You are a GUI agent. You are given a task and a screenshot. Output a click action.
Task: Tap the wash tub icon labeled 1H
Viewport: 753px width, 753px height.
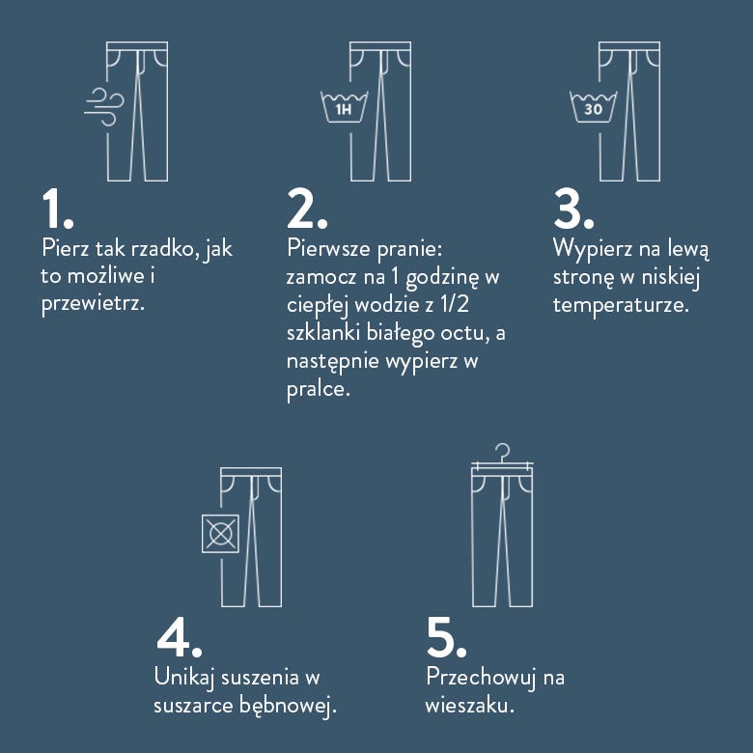pyautogui.click(x=344, y=106)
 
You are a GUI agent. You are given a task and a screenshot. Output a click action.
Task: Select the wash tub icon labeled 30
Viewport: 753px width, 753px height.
pyautogui.click(x=593, y=106)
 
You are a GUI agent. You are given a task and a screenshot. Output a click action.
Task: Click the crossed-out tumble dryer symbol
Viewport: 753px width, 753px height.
pyautogui.click(x=220, y=534)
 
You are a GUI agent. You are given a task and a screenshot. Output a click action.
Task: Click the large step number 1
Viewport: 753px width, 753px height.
pyautogui.click(x=58, y=209)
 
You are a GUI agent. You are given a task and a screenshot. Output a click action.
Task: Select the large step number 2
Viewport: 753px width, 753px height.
pyautogui.click(x=307, y=209)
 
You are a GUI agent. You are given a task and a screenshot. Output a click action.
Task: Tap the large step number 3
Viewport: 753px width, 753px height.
pyautogui.click(x=573, y=209)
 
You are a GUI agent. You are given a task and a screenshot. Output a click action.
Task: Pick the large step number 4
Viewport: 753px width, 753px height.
pyautogui.click(x=180, y=637)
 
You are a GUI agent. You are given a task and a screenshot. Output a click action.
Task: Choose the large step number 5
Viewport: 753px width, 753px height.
pyautogui.click(x=446, y=637)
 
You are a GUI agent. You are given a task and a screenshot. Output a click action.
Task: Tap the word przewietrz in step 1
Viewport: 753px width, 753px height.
pyautogui.click(x=93, y=304)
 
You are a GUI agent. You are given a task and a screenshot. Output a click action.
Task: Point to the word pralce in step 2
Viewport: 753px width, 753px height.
pyautogui.click(x=319, y=388)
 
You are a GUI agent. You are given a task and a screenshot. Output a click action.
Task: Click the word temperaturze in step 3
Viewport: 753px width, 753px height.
pyautogui.click(x=621, y=304)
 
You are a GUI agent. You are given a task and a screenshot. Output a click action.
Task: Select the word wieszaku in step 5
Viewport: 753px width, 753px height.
pyautogui.click(x=470, y=706)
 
